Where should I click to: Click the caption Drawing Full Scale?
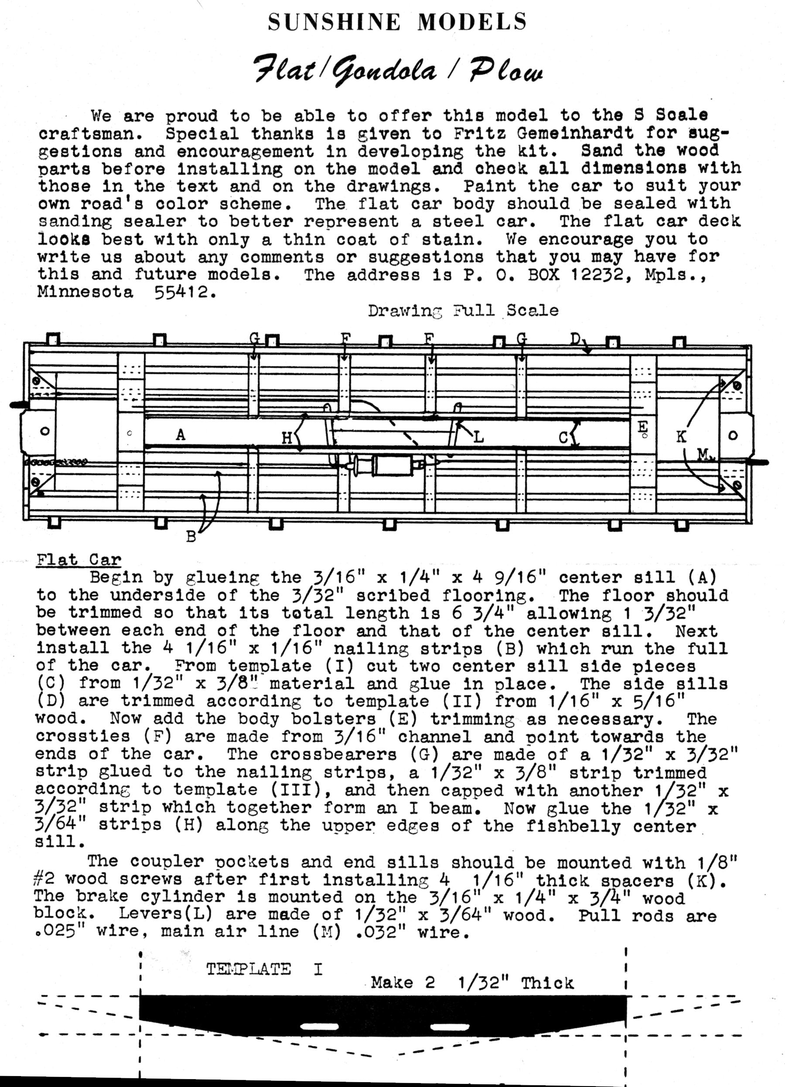click(x=463, y=311)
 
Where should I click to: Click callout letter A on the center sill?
click(x=180, y=435)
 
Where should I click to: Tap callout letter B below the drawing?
click(x=191, y=537)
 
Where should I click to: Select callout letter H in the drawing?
click(x=287, y=438)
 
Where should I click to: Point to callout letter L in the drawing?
click(x=478, y=437)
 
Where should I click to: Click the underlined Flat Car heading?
click(x=78, y=560)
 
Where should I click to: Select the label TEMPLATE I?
click(x=264, y=969)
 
